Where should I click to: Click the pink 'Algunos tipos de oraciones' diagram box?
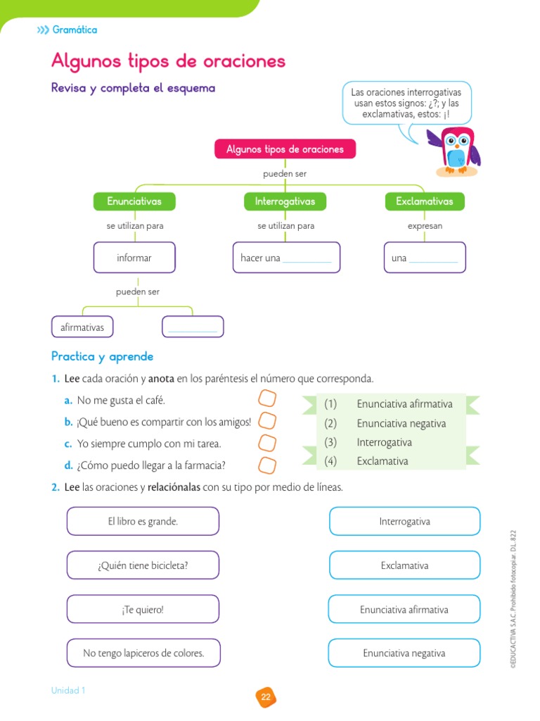(285, 149)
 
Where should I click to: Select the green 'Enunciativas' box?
(134, 201)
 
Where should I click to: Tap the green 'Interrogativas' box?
(285, 201)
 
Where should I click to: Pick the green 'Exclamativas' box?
(425, 201)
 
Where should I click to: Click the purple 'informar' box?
(134, 258)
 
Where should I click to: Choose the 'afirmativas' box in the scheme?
(82, 327)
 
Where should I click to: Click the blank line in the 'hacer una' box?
(307, 260)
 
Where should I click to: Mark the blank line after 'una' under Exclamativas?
(433, 260)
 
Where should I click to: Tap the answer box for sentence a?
(267, 399)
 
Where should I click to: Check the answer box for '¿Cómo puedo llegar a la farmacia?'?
(267, 465)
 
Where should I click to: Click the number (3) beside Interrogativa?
(331, 442)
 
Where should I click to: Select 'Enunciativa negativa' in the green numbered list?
(401, 423)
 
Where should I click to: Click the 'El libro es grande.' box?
(143, 522)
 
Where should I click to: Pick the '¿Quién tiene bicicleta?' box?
(143, 565)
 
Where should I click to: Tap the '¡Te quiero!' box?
(143, 610)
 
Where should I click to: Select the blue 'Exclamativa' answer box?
(404, 565)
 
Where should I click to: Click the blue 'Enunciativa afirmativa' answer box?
(404, 610)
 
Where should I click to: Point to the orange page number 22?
(266, 697)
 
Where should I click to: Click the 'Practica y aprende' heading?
(102, 357)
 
